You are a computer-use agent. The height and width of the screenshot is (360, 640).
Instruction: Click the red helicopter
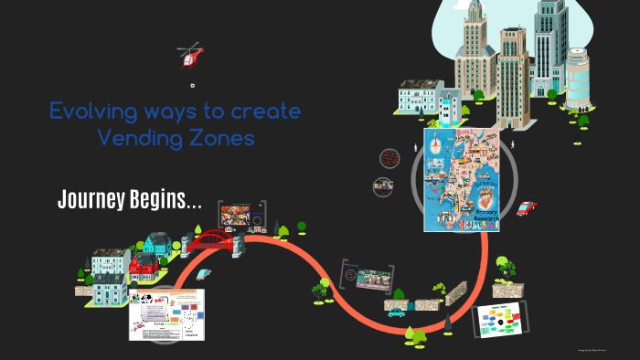(x=190, y=56)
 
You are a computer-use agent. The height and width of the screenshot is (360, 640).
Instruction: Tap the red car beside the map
(x=525, y=208)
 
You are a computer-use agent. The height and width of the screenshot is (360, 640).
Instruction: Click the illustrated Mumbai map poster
(x=461, y=178)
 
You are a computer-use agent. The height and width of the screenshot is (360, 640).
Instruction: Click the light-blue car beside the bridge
(x=205, y=272)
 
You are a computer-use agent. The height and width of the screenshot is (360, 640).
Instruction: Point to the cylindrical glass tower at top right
(x=579, y=77)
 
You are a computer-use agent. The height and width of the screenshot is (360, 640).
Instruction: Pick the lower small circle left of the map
(x=383, y=186)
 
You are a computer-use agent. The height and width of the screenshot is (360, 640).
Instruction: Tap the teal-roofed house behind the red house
(x=155, y=245)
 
